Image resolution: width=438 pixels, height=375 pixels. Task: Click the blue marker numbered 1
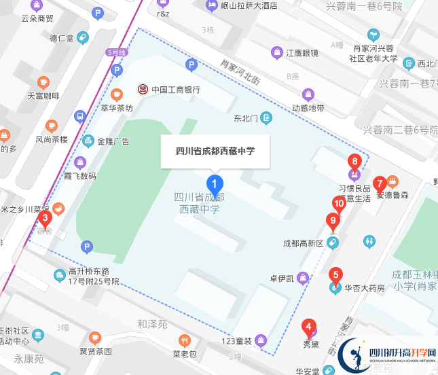[215, 183]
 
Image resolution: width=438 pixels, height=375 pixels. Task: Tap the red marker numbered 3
[45, 219]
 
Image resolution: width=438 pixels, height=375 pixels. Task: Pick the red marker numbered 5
[335, 276]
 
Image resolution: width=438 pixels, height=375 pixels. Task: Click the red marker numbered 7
[380, 183]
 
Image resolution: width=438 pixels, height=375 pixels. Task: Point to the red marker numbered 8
[354, 162]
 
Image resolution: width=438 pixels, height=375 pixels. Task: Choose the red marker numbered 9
[332, 220]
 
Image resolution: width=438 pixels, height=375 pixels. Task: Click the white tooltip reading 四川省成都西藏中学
[215, 151]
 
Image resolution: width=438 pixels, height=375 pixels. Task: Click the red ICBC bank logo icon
[143, 89]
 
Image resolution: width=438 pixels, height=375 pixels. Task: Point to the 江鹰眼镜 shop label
[302, 53]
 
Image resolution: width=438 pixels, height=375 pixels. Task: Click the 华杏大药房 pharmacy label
[365, 288]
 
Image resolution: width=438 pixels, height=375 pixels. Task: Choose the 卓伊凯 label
[281, 278]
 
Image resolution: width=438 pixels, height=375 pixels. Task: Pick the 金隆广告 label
[113, 141]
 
